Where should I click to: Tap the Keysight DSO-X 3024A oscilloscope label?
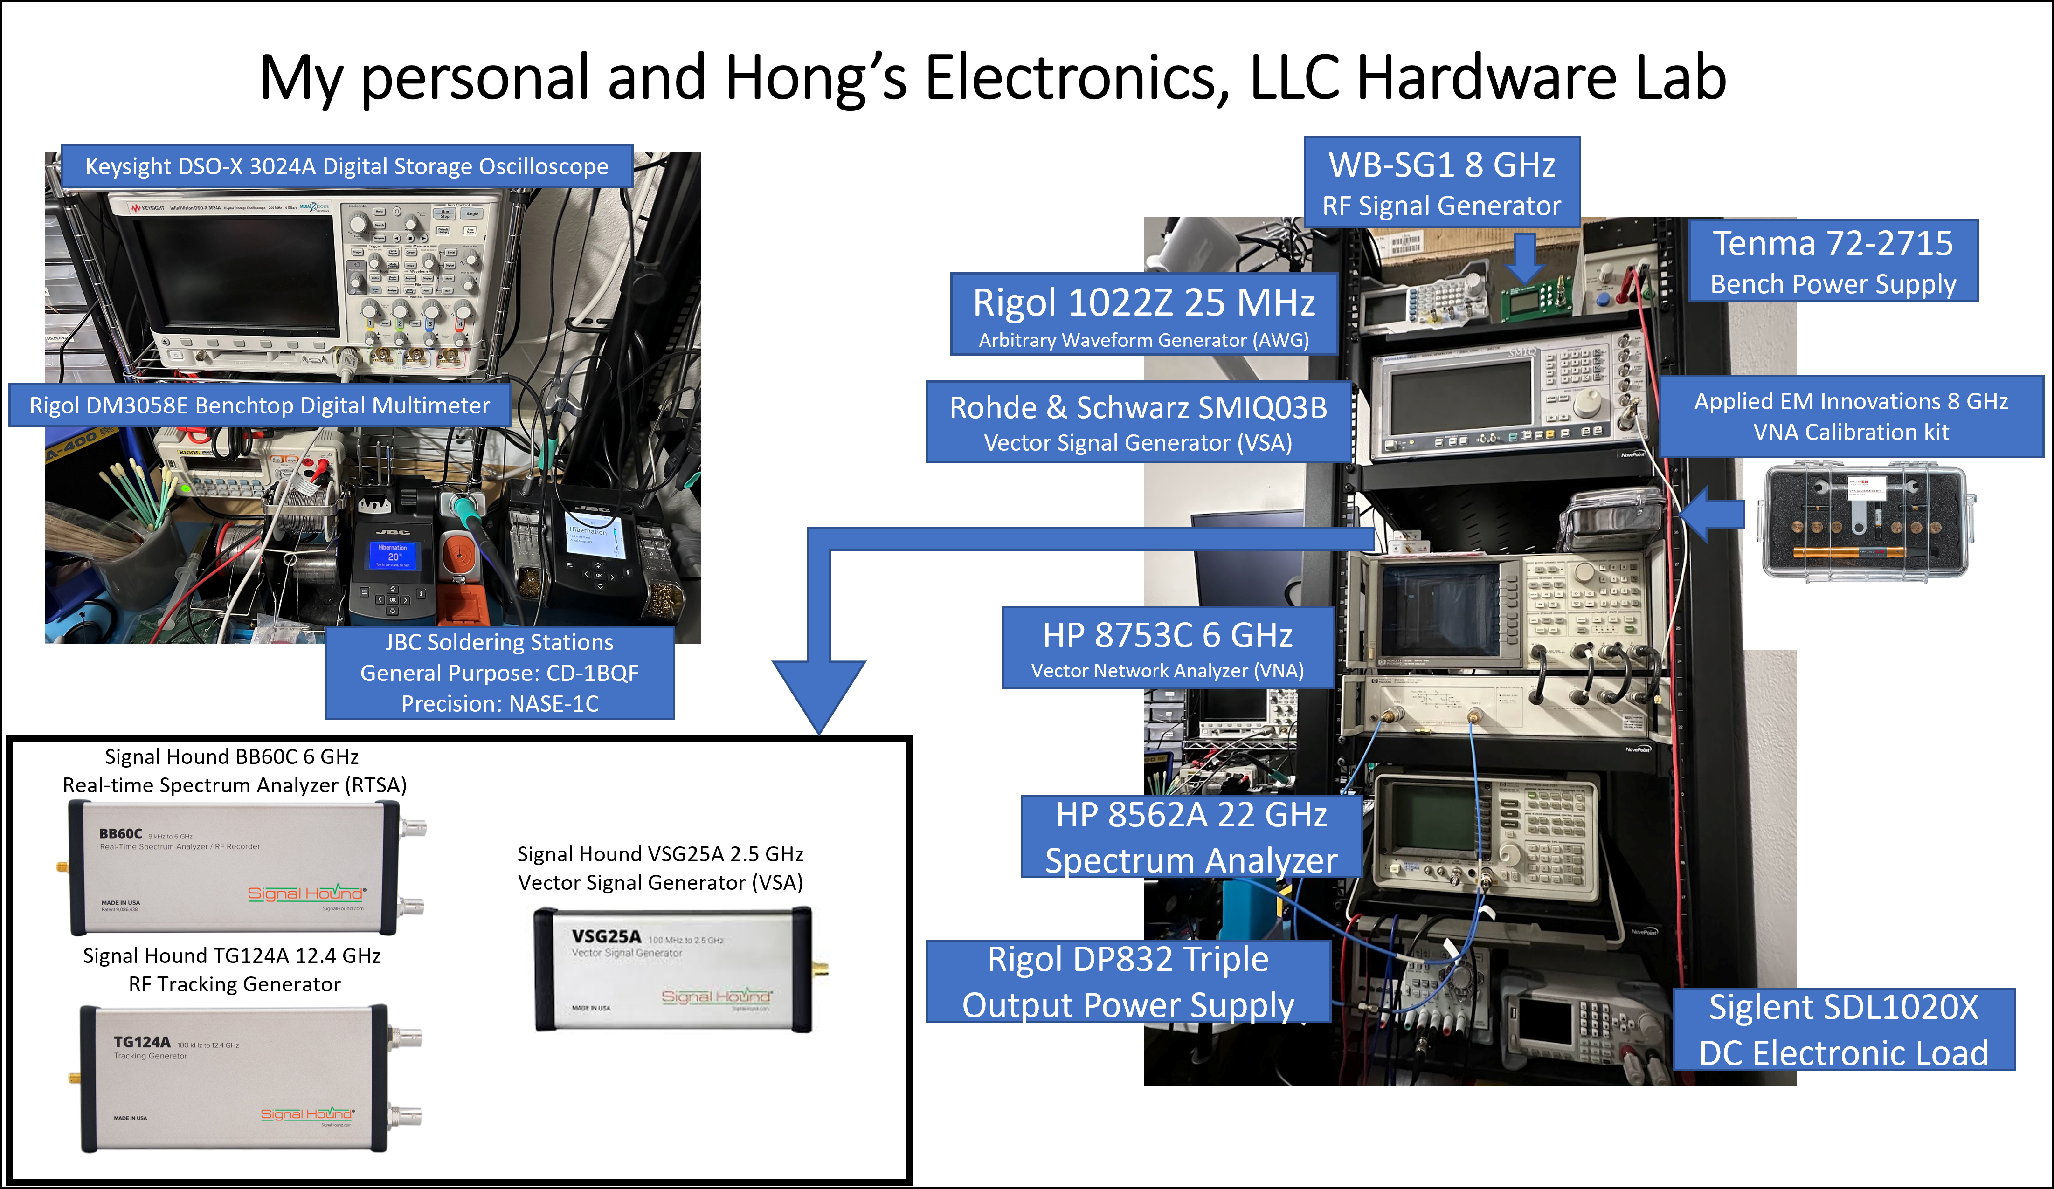pyautogui.click(x=346, y=166)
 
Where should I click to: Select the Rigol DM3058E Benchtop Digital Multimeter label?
pyautogui.click(x=259, y=405)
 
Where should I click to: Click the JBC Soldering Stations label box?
pyautogui.click(x=500, y=672)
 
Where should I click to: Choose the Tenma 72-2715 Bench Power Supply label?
pyautogui.click(x=1833, y=261)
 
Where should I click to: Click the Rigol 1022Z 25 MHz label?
pyautogui.click(x=1143, y=314)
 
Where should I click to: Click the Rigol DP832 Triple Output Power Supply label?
pyautogui.click(x=1128, y=981)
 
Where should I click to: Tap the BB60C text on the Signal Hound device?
pyautogui.click(x=121, y=834)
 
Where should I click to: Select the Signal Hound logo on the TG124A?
pyautogui.click(x=306, y=1114)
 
